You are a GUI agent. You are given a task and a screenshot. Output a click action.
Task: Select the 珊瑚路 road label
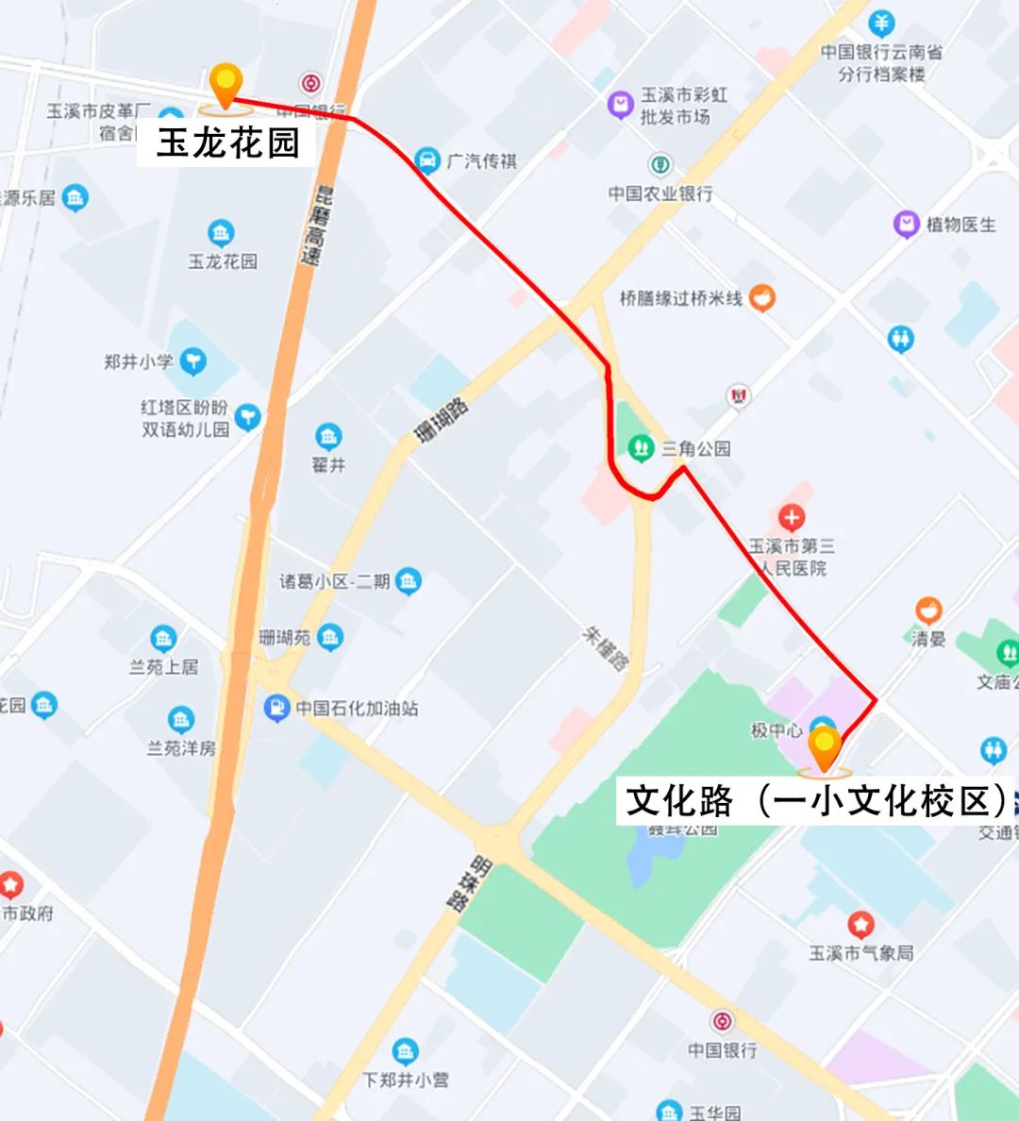tap(441, 421)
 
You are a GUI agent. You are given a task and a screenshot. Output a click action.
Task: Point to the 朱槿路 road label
tap(604, 648)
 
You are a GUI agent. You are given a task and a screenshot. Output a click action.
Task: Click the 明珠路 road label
tap(469, 883)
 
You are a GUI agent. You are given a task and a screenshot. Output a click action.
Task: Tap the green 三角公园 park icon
tap(642, 447)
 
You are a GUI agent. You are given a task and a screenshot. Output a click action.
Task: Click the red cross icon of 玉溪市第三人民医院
tap(791, 517)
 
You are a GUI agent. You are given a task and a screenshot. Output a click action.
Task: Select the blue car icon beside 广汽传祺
tap(427, 160)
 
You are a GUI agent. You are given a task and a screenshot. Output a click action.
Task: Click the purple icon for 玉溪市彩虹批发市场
tap(620, 105)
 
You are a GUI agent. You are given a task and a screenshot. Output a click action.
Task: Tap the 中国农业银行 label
tap(660, 193)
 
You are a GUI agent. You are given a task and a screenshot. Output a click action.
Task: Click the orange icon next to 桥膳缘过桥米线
tap(761, 298)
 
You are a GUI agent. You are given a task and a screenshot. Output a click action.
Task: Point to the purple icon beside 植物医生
tap(907, 225)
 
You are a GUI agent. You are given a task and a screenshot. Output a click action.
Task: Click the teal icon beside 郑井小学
tap(192, 360)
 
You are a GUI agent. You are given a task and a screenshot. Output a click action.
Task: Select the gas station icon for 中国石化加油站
tap(276, 708)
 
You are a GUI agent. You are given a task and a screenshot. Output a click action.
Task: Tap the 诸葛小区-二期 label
tap(335, 581)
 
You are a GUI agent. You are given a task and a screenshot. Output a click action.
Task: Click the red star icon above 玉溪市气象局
tap(860, 925)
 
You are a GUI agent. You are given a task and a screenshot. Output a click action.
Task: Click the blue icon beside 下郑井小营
tap(405, 1051)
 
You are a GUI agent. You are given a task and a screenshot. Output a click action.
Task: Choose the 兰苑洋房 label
tap(181, 748)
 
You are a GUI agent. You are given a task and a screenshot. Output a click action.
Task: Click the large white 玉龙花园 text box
tap(227, 143)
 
